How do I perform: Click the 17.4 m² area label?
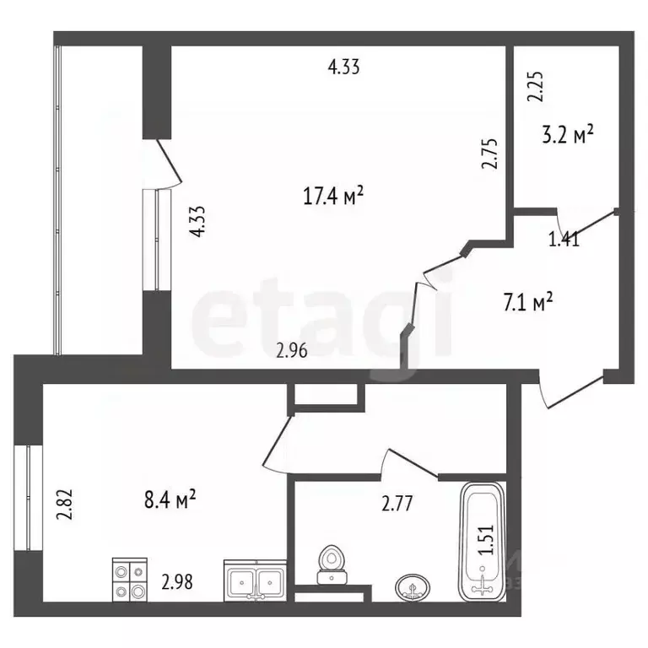[332, 197]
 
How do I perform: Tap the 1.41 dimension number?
[564, 240]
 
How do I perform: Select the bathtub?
[483, 540]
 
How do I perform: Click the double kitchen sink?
[256, 580]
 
